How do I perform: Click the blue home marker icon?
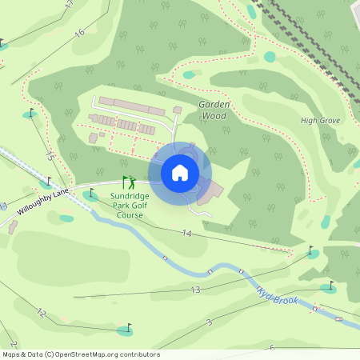pos(180,173)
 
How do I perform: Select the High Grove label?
pos(320,121)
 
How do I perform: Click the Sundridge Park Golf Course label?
pos(130,205)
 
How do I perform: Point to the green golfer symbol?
pos(128,183)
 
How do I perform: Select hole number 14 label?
pos(187,233)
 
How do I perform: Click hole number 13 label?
pos(194,290)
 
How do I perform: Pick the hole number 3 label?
pos(209,322)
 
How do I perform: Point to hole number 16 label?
pos(78,33)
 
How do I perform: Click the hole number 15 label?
pos(50,156)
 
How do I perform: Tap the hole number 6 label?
pos(272,348)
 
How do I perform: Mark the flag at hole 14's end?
pos(311,250)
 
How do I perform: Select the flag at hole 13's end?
pos(330,283)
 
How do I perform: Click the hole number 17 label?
pos(70,4)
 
